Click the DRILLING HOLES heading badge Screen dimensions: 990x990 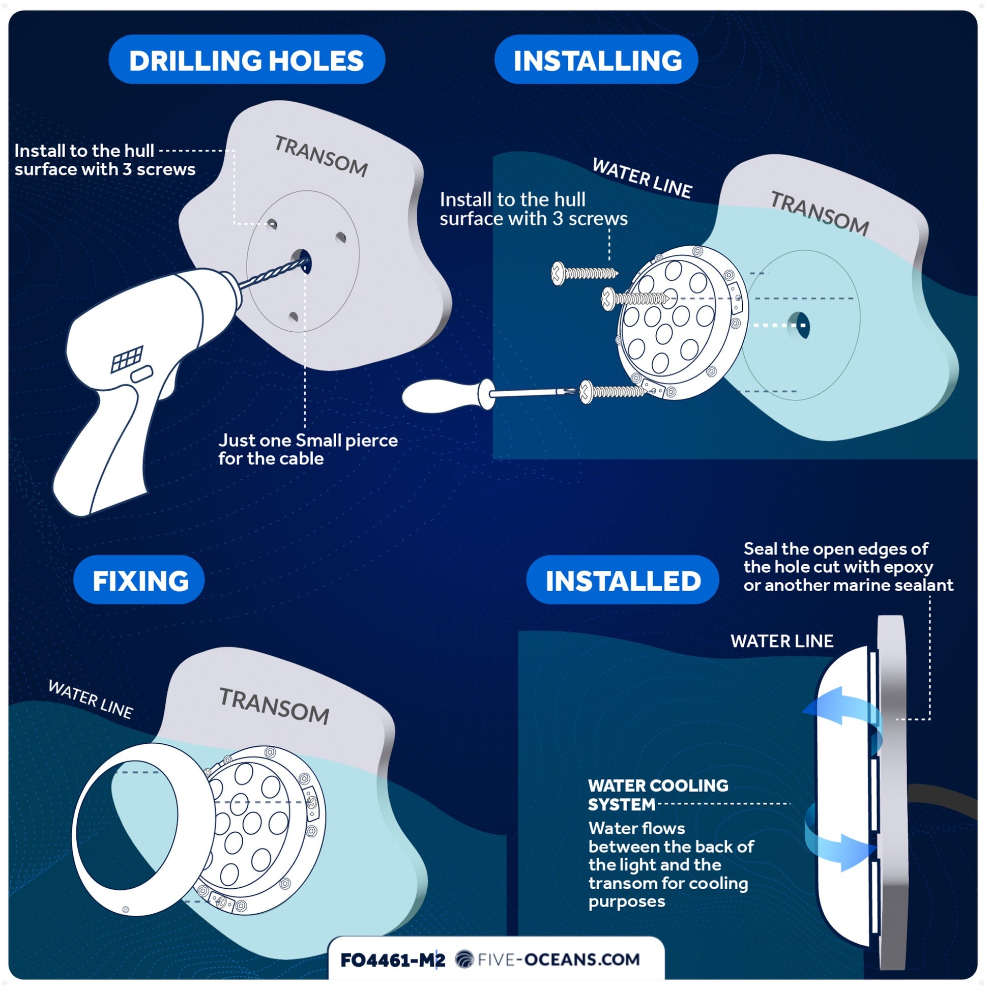246,60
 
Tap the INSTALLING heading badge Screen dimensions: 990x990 596,60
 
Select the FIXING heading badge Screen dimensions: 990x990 139,579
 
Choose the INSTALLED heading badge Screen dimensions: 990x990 623,579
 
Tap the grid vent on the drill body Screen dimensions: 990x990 127,359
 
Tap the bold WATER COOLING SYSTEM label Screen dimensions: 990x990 658,795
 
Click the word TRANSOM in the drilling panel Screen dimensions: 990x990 322,156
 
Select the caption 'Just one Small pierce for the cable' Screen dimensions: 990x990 308,449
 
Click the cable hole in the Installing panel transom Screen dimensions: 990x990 800,325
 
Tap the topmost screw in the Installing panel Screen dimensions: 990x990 584,273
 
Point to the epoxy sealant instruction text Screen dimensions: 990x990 848,567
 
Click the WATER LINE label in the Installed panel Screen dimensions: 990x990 782,641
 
